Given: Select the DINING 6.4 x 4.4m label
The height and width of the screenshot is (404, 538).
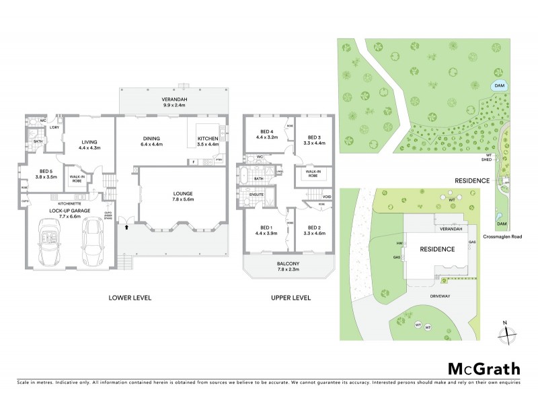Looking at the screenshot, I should coord(155,141).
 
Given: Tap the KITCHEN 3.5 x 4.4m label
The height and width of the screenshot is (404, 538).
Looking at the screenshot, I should coord(207,141).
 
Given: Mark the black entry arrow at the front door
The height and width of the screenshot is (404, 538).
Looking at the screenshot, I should coord(126,229).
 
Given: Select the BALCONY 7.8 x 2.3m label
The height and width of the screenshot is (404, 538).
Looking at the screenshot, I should coord(287,267).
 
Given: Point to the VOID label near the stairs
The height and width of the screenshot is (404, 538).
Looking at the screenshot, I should coord(327,197).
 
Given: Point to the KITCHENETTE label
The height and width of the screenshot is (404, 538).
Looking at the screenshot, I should coord(70,202).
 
